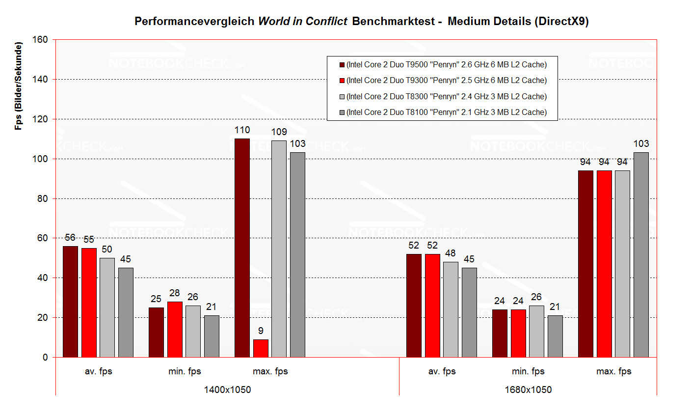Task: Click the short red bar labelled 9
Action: coord(261,348)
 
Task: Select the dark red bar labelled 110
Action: coord(242,248)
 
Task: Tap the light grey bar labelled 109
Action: coord(279,249)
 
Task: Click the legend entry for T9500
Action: coord(446,64)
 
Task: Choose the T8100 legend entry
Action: coord(446,112)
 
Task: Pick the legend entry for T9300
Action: coord(446,80)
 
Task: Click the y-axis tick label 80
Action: coord(43,198)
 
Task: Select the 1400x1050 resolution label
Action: coord(227,390)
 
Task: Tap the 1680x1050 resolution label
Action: coord(528,390)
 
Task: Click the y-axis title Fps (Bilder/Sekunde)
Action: coord(19,86)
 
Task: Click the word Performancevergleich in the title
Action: coord(194,21)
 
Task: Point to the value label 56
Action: coord(70,238)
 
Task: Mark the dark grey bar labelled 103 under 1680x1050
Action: coord(641,255)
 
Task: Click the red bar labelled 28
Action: coord(175,330)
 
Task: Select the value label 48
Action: coord(451,253)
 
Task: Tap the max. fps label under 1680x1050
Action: coord(613,371)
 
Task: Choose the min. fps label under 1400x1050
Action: coord(185,371)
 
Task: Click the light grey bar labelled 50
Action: coord(107,308)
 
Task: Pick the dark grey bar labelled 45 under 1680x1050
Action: coord(469,312)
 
